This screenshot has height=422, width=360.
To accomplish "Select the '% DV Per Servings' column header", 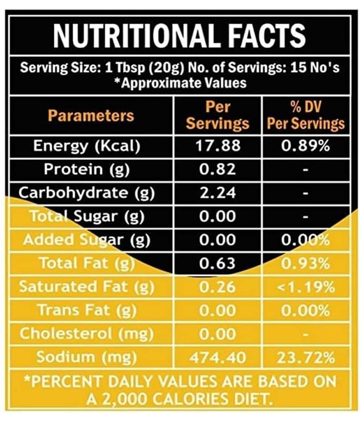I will coord(306,116).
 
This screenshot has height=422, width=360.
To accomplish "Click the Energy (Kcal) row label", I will coord(87,146).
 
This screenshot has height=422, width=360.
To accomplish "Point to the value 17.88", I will coord(218,146).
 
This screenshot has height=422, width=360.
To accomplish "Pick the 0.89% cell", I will coord(306,146).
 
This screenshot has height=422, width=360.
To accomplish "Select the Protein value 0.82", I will coord(218,169).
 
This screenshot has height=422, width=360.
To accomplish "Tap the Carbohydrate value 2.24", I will coord(218,193).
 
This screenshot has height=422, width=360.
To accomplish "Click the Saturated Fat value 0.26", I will coord(218,287).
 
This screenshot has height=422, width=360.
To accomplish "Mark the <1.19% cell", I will coord(306,287).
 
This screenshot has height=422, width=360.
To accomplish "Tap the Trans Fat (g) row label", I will coord(87,310).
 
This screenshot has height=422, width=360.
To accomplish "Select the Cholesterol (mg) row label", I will coord(86,334).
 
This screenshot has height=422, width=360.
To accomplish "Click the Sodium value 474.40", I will coord(218,358).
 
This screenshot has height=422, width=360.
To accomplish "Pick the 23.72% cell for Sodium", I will coord(306,358).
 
